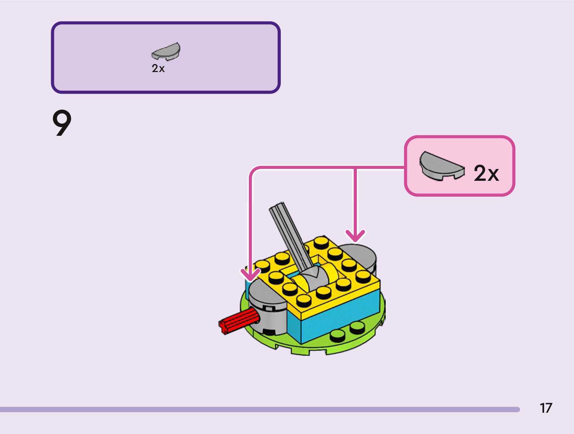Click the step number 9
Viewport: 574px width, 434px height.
tap(62, 123)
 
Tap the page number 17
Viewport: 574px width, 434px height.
tap(546, 408)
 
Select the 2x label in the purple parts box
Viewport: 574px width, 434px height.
tap(158, 68)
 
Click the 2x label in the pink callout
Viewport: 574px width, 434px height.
tap(486, 173)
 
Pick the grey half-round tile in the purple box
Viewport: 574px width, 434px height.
tap(166, 52)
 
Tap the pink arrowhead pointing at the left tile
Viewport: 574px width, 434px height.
tap(250, 275)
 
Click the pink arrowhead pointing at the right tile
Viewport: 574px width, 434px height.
tap(355, 236)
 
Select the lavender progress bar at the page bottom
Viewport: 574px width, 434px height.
tap(259, 410)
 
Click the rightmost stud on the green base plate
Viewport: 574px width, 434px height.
tap(357, 327)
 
